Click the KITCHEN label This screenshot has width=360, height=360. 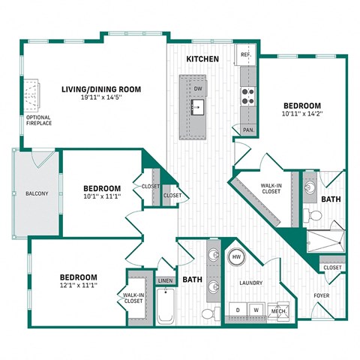202,58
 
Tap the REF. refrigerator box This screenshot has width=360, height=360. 246,56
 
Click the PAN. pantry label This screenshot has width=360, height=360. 247,130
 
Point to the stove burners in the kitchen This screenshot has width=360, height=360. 247,95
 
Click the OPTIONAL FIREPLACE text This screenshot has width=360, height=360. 39,121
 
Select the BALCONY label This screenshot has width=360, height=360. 36,194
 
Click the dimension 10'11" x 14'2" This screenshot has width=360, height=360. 301,115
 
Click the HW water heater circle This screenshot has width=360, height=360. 236,257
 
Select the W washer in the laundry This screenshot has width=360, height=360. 256,309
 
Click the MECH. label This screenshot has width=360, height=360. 278,310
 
